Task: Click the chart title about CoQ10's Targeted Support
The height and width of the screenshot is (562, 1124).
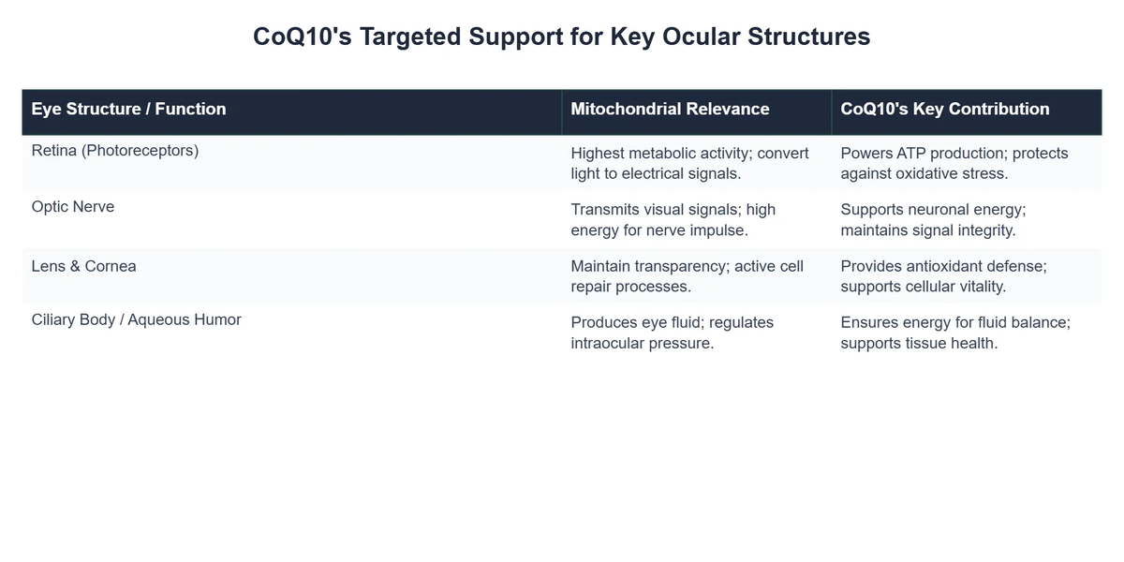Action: pyautogui.click(x=562, y=37)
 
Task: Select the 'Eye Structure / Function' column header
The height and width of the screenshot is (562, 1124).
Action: pyautogui.click(x=128, y=109)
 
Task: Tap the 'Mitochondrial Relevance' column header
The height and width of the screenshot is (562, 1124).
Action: pyautogui.click(x=670, y=109)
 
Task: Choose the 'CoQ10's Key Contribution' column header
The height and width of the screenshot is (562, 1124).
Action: pyautogui.click(x=944, y=109)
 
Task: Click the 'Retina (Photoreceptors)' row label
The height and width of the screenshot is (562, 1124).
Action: pyautogui.click(x=114, y=150)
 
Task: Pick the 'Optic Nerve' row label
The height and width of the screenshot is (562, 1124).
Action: pyautogui.click(x=73, y=206)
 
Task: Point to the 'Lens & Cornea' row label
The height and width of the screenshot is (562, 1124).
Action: pyautogui.click(x=83, y=266)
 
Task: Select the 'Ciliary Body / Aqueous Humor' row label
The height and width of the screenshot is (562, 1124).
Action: pyautogui.click(x=136, y=319)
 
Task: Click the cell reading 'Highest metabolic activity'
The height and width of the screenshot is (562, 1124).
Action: pyautogui.click(x=689, y=163)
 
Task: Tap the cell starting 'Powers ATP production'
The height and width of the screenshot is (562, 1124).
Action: pyautogui.click(x=954, y=163)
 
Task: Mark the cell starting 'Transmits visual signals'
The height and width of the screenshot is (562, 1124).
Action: pyautogui.click(x=673, y=219)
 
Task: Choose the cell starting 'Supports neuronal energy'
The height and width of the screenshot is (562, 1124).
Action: pyautogui.click(x=933, y=219)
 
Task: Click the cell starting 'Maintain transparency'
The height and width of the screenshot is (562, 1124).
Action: pyautogui.click(x=687, y=276)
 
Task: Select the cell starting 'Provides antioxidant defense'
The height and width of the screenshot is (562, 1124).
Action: pyautogui.click(x=943, y=276)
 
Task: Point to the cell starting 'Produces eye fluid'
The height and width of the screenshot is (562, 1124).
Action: pyautogui.click(x=672, y=333)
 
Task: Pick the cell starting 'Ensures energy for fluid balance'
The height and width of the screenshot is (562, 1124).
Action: pyautogui.click(x=954, y=333)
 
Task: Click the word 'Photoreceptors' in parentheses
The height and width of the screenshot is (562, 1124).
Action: pyautogui.click(x=140, y=150)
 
